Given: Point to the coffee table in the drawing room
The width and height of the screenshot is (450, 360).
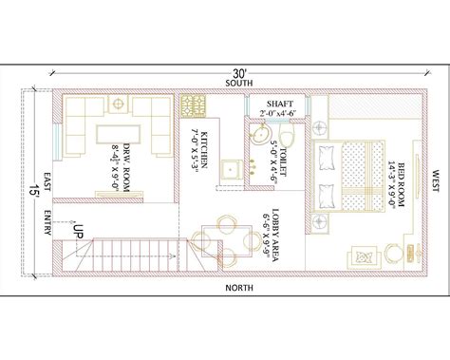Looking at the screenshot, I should point(121,132).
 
